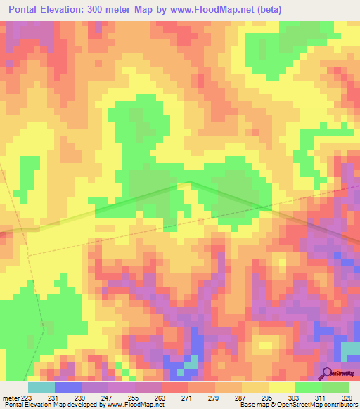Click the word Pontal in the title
(x=27, y=9)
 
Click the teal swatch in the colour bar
(x=41, y=387)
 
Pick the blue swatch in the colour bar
(x=67, y=387)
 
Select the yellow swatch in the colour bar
(x=281, y=387)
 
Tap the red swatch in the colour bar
(x=174, y=387)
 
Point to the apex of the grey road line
(x=188, y=181)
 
